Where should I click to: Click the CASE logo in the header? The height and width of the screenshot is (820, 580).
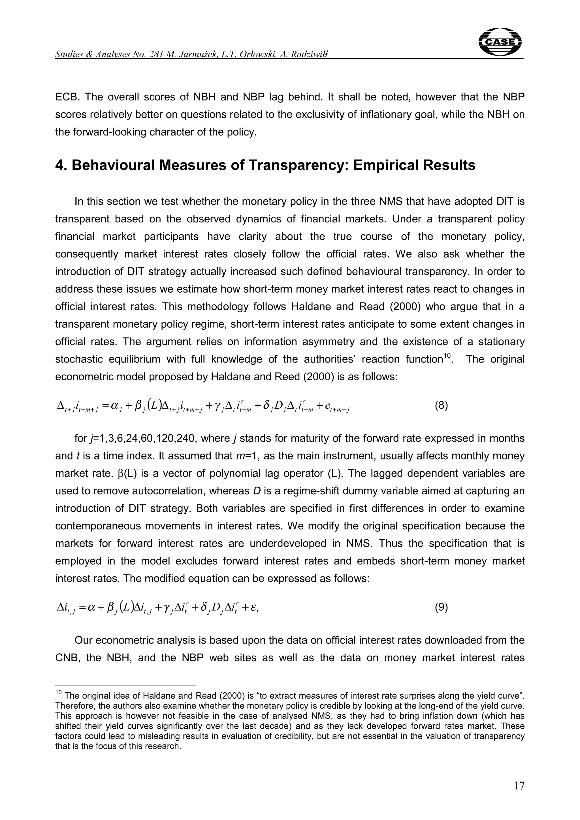click(x=500, y=42)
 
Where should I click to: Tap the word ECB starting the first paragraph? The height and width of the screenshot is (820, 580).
click(x=66, y=97)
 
